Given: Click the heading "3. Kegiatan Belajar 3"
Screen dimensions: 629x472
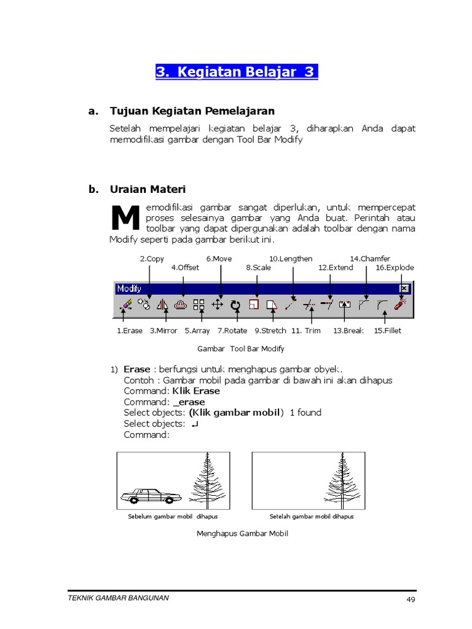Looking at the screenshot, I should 236,72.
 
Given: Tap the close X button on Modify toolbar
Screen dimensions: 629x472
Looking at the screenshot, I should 404,288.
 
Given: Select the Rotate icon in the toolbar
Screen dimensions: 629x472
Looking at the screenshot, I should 235,304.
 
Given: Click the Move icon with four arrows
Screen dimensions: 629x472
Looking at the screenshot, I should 217,304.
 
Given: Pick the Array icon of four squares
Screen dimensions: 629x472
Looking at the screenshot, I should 199,304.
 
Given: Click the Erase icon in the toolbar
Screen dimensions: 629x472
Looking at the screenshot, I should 125,304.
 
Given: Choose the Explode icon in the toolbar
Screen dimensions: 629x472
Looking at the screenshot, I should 400,304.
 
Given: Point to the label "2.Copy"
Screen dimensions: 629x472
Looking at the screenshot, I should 152,259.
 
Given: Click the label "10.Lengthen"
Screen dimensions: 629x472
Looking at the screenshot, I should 291,259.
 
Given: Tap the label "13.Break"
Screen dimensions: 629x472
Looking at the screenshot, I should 348,330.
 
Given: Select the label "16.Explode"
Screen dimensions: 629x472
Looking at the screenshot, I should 395,267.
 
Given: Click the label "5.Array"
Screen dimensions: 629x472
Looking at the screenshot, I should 197,330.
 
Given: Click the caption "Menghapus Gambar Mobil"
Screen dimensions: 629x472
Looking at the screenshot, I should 242,533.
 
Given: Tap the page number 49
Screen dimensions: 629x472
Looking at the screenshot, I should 411,600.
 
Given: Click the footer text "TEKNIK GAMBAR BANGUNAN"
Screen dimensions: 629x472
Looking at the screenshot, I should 118,598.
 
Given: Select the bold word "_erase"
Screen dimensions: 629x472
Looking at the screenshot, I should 189,402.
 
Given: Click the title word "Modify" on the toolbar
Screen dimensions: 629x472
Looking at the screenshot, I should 129,288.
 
